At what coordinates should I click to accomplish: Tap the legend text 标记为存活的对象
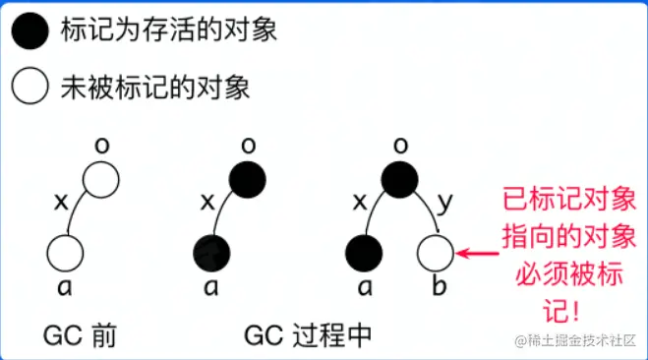tap(167, 30)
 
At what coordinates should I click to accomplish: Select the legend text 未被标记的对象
tap(154, 87)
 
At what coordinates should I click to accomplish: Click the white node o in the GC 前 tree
tap(100, 180)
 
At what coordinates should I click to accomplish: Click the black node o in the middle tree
tap(247, 180)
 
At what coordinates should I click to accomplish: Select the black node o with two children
tap(397, 180)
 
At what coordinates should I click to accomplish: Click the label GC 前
tap(81, 334)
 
